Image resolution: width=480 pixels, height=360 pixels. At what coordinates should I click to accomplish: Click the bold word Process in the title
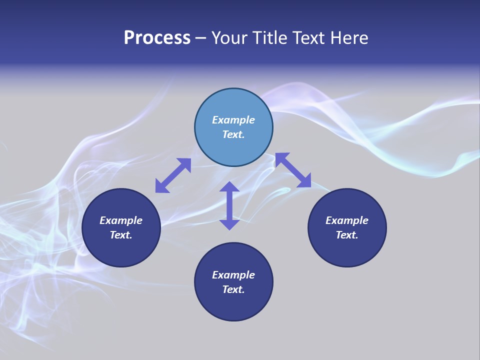[x=157, y=38]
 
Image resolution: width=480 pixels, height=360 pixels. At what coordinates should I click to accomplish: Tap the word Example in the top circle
[x=233, y=120]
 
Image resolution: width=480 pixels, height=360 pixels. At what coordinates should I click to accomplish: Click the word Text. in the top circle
[x=233, y=134]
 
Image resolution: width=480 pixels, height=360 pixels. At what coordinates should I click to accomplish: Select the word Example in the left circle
[x=121, y=220]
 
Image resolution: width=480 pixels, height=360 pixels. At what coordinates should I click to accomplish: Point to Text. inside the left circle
[x=121, y=235]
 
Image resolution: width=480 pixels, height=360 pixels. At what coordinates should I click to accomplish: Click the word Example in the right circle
[x=347, y=220]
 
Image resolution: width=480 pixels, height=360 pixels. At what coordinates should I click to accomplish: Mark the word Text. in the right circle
[x=347, y=235]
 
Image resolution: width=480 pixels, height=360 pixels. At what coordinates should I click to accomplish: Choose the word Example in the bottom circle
[x=233, y=275]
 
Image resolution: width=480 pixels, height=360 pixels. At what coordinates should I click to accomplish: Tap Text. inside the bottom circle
[x=233, y=289]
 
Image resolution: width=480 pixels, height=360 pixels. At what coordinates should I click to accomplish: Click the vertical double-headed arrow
[x=229, y=205]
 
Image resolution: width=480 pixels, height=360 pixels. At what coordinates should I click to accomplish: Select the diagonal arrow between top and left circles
[x=173, y=175]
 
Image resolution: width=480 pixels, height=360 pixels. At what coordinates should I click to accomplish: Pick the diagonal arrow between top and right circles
[x=293, y=170]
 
